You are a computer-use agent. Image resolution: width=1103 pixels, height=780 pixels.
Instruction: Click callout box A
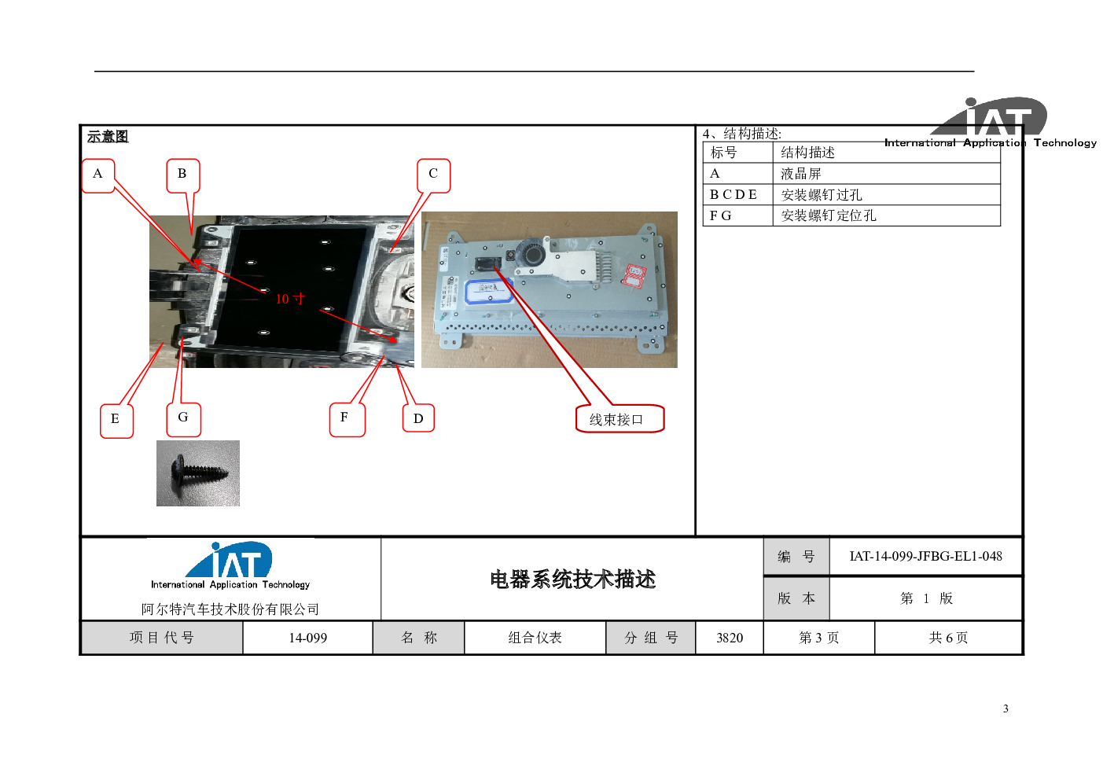coord(98,175)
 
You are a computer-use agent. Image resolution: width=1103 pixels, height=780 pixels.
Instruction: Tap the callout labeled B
coord(182,175)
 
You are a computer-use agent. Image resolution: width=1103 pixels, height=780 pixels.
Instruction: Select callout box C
coord(433,175)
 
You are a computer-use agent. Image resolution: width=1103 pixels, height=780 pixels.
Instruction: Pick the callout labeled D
coord(418,418)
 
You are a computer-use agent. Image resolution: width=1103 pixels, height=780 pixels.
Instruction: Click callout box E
coord(116,421)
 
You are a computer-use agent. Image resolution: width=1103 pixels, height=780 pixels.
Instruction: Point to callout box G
coord(184,420)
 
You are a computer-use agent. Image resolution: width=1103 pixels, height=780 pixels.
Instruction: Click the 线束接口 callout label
coord(620,419)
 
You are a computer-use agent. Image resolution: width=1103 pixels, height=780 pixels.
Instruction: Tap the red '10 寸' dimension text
coord(290,299)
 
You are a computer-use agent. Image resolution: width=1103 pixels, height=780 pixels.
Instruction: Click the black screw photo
coord(198,473)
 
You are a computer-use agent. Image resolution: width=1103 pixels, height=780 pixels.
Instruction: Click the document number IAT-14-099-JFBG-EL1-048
coord(925,556)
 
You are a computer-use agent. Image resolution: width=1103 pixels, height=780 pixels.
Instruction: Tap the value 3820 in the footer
coord(730,638)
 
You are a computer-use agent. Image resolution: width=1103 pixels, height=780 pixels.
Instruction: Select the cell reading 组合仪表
coord(535,638)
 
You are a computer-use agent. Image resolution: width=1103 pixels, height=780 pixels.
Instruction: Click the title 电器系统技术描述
coord(572,579)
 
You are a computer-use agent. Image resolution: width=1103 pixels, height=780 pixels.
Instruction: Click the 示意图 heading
coord(108,136)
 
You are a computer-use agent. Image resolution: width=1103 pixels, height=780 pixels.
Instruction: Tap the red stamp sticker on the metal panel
coord(634,274)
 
